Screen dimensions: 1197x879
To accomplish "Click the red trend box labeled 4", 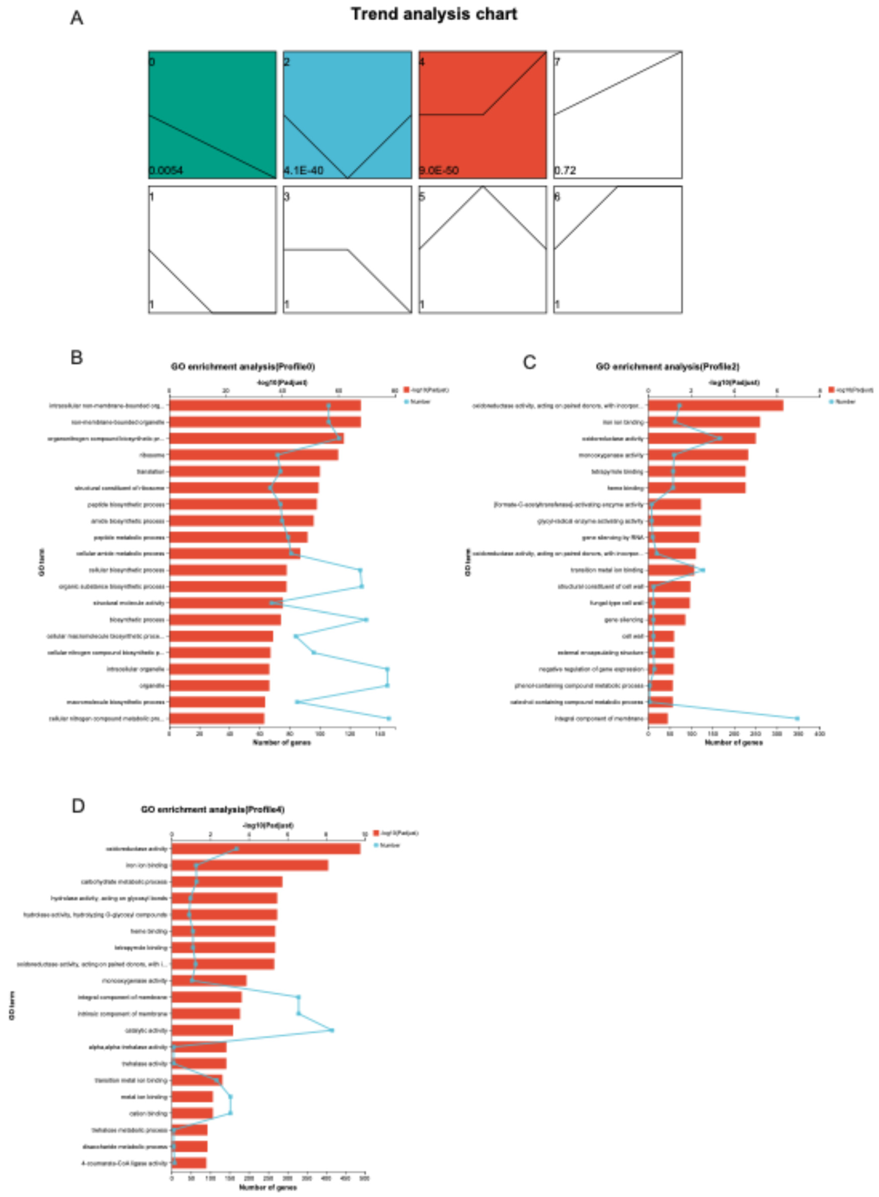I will pyautogui.click(x=482, y=114).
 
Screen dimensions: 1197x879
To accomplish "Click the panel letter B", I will pyautogui.click(x=77, y=357).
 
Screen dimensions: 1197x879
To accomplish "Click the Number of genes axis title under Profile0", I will pyautogui.click(x=281, y=742).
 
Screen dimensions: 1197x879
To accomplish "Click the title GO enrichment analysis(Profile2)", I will pyautogui.click(x=667, y=367).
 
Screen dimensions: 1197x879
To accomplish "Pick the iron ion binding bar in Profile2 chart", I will pyautogui.click(x=704, y=422).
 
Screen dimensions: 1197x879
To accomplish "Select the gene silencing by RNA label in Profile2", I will pyautogui.click(x=613, y=538).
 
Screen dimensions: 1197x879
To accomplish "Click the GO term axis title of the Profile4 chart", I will pyautogui.click(x=12, y=1005).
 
